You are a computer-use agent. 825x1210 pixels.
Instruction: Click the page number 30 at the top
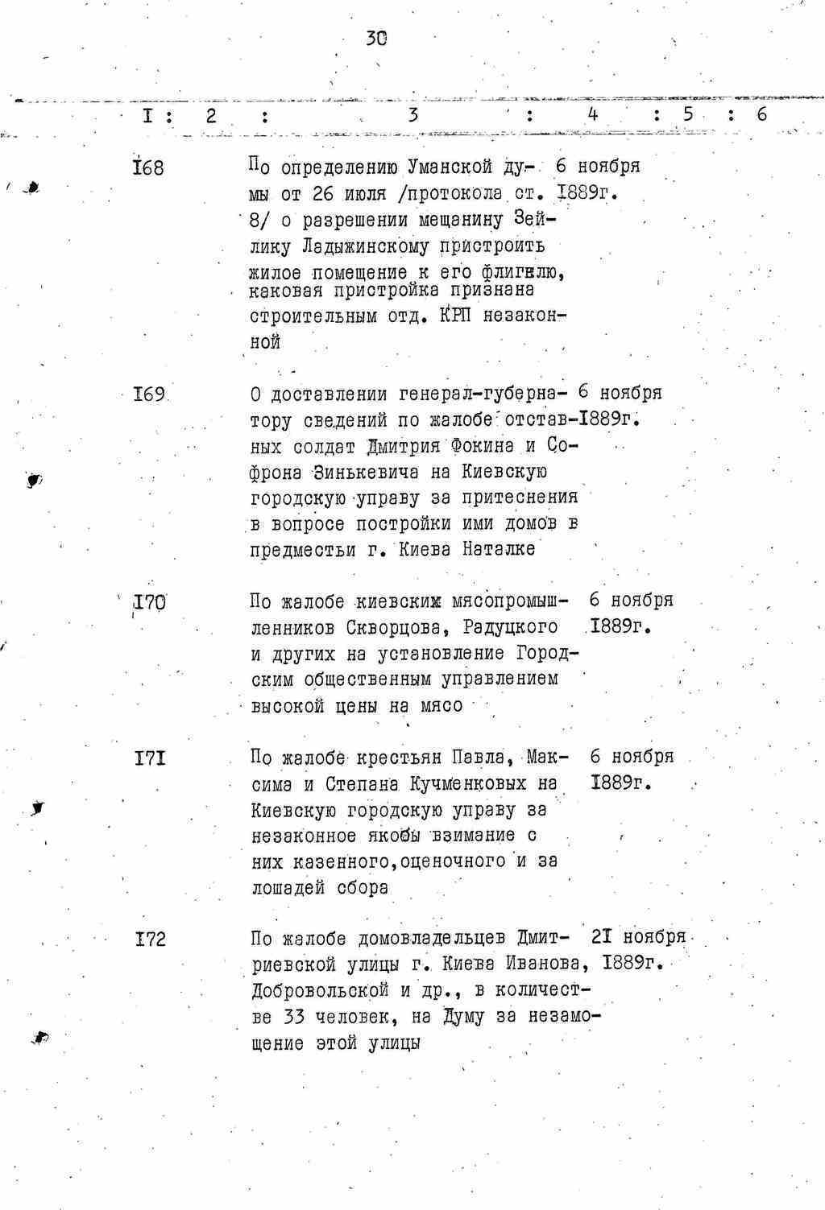[376, 37]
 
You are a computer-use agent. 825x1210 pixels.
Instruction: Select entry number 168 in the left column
[148, 169]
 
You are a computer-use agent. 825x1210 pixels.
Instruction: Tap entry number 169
[149, 394]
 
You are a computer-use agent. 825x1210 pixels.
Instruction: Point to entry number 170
[149, 601]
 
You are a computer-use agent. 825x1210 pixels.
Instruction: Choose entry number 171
[150, 758]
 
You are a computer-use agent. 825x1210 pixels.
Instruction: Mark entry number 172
[150, 939]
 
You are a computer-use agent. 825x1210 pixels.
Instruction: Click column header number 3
[413, 115]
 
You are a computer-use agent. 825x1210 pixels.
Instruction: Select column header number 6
[761, 114]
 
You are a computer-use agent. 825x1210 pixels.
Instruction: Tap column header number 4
[592, 114]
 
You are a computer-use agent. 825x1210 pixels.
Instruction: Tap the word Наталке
[499, 550]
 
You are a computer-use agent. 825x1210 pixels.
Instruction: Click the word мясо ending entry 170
[442, 706]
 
